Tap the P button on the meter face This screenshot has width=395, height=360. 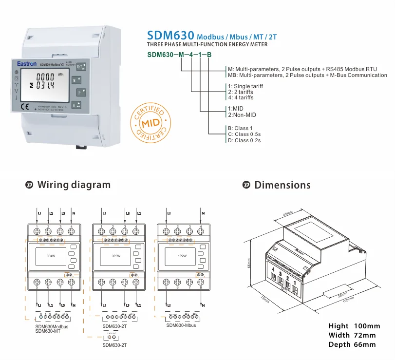[x=78, y=91]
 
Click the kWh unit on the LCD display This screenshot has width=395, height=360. [x=60, y=75]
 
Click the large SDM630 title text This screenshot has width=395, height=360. [x=169, y=36]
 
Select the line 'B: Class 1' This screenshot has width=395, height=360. [x=241, y=129]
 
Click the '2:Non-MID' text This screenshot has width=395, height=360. [x=242, y=115]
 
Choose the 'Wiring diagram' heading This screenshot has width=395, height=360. [x=74, y=185]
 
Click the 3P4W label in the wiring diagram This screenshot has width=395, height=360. [x=50, y=255]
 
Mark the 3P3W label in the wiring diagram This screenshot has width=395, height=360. [x=116, y=255]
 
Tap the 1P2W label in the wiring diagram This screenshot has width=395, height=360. [x=182, y=255]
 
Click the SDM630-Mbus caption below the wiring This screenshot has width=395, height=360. [x=181, y=325]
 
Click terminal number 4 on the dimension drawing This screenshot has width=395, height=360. [x=274, y=269]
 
